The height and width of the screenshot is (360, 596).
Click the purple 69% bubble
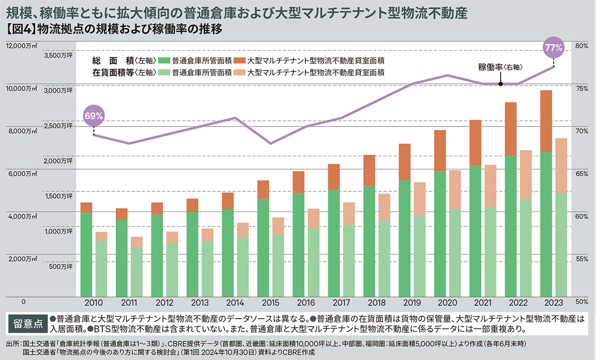(94, 116)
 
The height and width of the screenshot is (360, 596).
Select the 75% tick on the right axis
(582, 88)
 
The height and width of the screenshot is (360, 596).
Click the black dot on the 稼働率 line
(501, 84)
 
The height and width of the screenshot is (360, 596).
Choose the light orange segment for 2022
(525, 175)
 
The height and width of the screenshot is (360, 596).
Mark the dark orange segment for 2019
(405, 161)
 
